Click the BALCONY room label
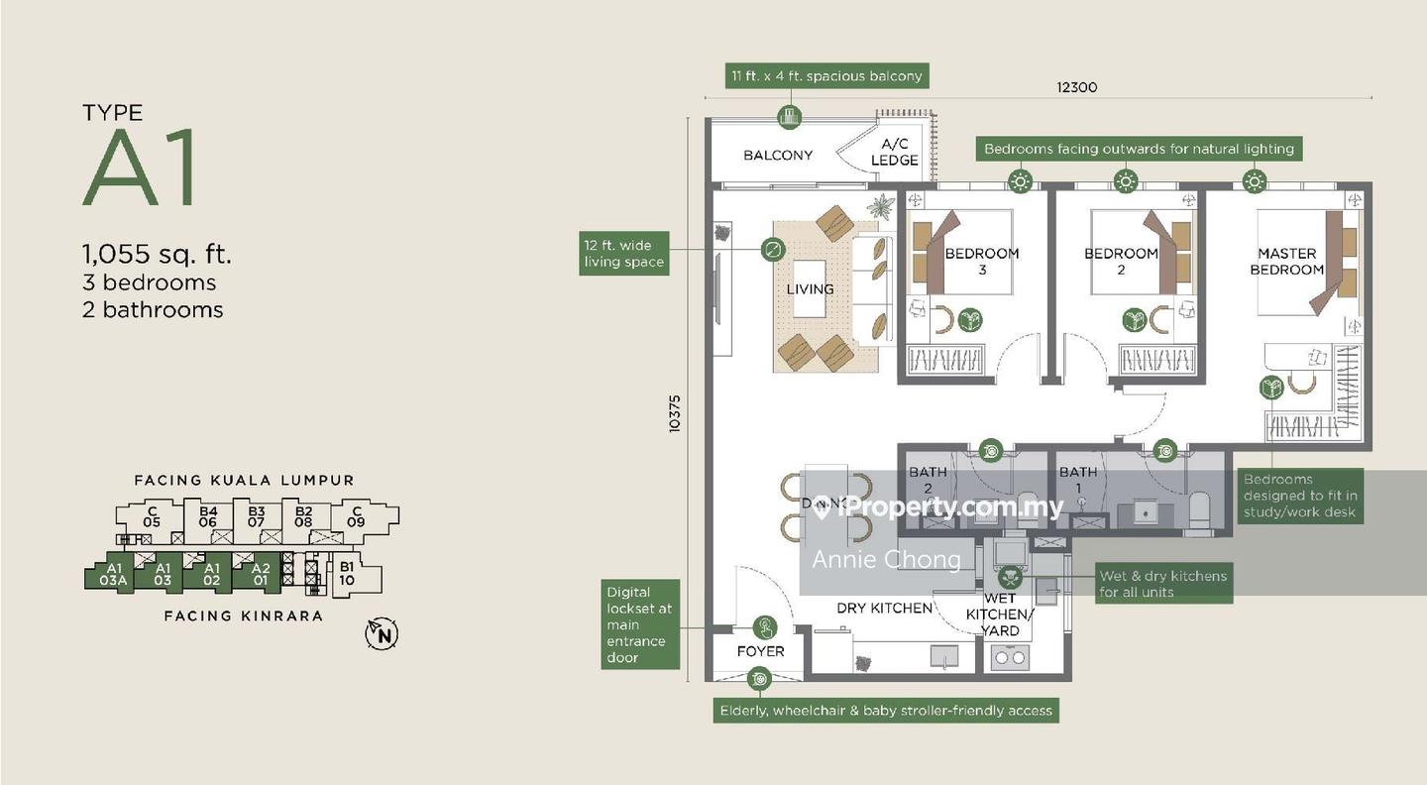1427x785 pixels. click(778, 156)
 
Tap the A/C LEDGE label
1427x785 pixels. click(894, 153)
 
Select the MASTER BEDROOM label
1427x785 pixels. click(1286, 262)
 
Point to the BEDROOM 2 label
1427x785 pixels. click(1121, 254)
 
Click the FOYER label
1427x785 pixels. click(760, 651)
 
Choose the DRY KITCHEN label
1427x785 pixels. click(884, 608)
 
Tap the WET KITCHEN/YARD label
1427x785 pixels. click(1007, 615)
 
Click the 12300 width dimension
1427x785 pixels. click(1076, 87)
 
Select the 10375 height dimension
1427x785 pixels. click(675, 413)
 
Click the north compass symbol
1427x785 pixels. click(382, 633)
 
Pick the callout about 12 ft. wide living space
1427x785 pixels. click(623, 254)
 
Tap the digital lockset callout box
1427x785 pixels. click(639, 624)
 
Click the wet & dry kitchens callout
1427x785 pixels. click(1162, 584)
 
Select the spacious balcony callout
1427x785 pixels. click(826, 75)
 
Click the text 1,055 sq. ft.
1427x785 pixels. click(158, 255)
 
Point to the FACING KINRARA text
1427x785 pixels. click(243, 616)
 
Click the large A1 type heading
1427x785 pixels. click(141, 168)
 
